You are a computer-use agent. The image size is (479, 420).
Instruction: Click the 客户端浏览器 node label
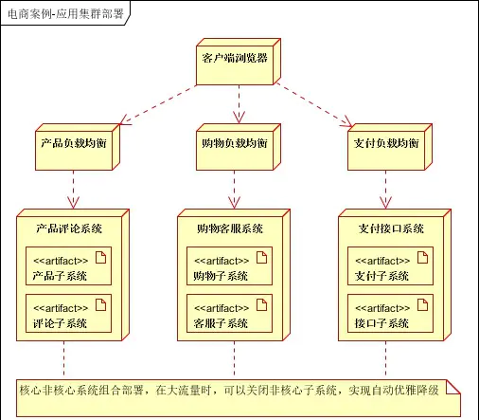point(235,58)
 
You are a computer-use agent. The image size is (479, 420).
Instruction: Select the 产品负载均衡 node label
point(74,143)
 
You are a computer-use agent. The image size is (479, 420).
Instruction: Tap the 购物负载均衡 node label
point(235,143)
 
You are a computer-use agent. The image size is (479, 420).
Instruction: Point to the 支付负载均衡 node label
point(386,143)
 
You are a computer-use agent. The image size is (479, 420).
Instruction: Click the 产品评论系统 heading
point(69,228)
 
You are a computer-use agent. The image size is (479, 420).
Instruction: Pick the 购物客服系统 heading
point(230,228)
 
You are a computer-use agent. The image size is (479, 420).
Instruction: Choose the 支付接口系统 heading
point(391,228)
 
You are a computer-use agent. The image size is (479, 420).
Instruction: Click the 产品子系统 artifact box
point(68,266)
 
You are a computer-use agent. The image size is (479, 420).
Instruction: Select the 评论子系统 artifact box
point(68,314)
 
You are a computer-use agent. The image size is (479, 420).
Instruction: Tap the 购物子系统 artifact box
point(229,266)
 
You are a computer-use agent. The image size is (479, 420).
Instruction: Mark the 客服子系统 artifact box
point(229,314)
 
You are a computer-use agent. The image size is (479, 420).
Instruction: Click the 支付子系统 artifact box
point(390,266)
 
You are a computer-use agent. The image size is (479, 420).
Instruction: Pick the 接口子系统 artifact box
point(390,314)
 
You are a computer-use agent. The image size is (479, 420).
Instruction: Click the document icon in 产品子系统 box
point(100,257)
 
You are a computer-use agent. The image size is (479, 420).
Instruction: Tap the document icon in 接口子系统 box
point(422,304)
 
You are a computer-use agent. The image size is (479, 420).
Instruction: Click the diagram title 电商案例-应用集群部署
point(65,14)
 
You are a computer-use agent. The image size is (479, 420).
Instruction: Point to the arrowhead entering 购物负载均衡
point(239,118)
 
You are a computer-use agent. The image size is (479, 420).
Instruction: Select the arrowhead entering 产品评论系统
point(73,203)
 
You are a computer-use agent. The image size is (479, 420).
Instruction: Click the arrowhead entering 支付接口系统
point(385,203)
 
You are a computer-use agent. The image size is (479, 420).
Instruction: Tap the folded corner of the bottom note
point(453,387)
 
